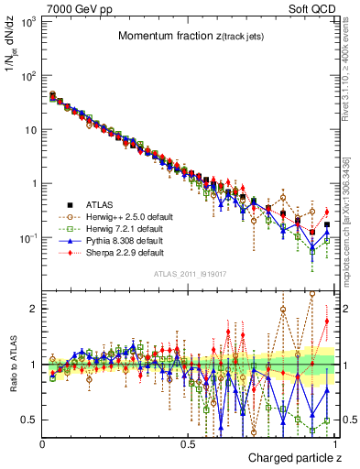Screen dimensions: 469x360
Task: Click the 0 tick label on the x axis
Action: [x=42, y=445]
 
